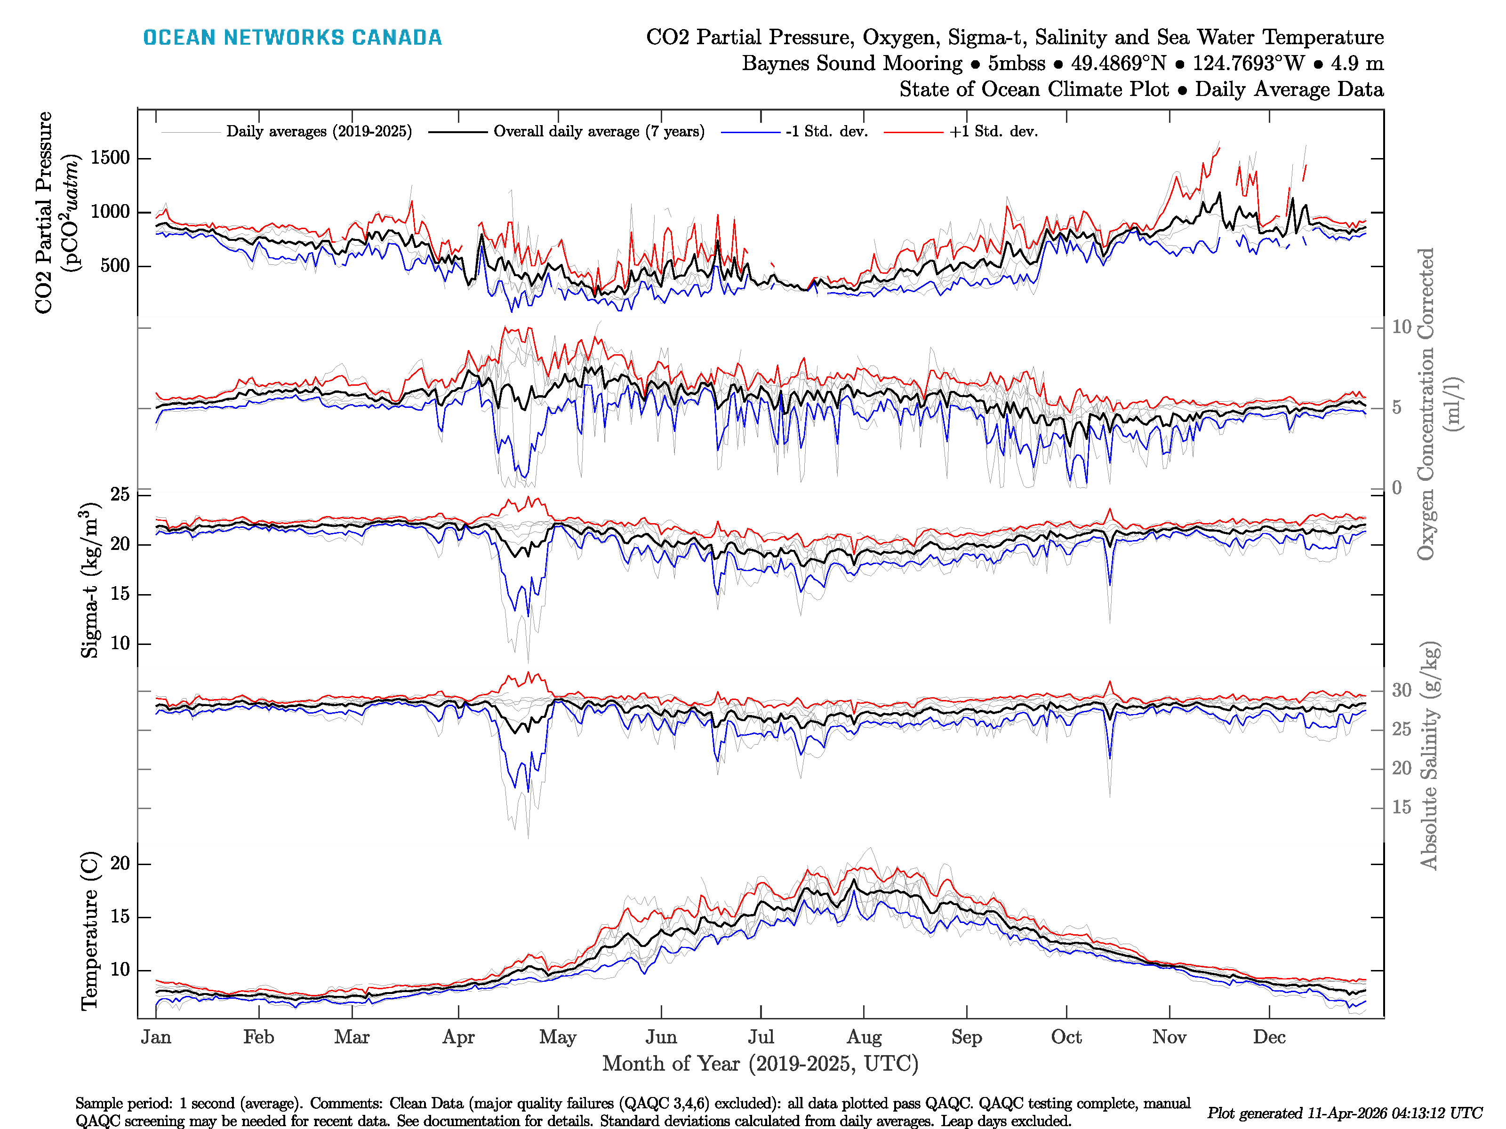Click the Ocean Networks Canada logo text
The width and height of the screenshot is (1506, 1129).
292,38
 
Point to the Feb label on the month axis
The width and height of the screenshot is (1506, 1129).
259,1037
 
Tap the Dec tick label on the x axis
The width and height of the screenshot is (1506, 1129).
1269,1037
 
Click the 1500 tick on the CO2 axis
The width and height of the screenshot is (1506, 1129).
110,158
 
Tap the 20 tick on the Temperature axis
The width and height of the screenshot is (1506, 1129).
120,864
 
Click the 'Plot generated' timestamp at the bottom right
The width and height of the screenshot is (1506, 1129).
1344,1113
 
